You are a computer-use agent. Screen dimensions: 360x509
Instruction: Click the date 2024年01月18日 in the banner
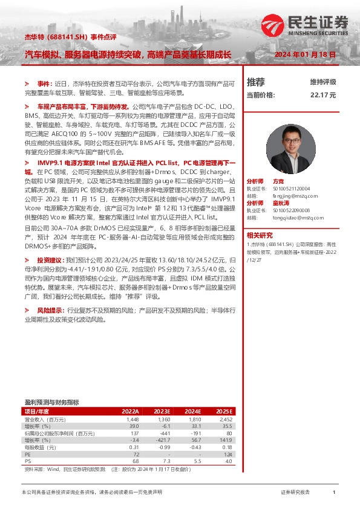click(x=305, y=54)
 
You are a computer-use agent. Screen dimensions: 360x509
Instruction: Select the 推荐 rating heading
click(x=256, y=82)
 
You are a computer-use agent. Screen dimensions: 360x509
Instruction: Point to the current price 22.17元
click(x=323, y=95)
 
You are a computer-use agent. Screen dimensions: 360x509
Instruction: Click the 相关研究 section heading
click(x=260, y=235)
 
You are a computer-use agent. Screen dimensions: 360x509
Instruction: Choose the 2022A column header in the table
click(x=130, y=412)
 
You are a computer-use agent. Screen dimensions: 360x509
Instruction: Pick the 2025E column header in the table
click(x=224, y=412)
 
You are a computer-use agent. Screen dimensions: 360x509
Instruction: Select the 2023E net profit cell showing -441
click(x=163, y=433)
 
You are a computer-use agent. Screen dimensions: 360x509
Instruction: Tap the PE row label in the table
click(x=28, y=454)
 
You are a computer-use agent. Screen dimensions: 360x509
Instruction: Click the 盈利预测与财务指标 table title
click(x=51, y=402)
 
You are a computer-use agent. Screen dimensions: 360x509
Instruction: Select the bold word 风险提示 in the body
click(x=51, y=310)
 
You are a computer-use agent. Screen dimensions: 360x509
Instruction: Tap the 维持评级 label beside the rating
click(x=323, y=82)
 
